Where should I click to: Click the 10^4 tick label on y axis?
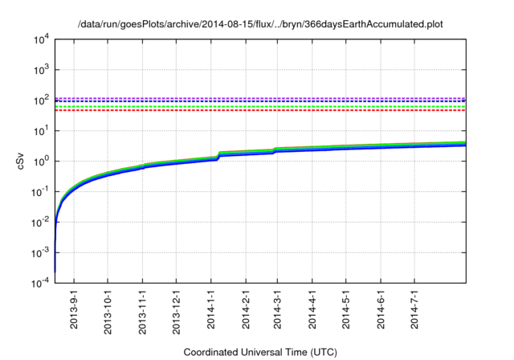(41, 39)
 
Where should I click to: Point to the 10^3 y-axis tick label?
(41, 69)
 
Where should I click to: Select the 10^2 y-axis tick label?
(41, 100)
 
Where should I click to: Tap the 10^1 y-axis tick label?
(41, 130)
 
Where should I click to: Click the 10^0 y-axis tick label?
(41, 161)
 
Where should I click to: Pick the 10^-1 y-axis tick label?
(39, 191)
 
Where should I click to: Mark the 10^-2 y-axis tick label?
(39, 222)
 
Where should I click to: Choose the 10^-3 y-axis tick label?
(39, 252)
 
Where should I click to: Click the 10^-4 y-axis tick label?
(39, 283)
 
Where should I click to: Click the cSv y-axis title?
(22, 162)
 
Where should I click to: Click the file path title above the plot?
(260, 25)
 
